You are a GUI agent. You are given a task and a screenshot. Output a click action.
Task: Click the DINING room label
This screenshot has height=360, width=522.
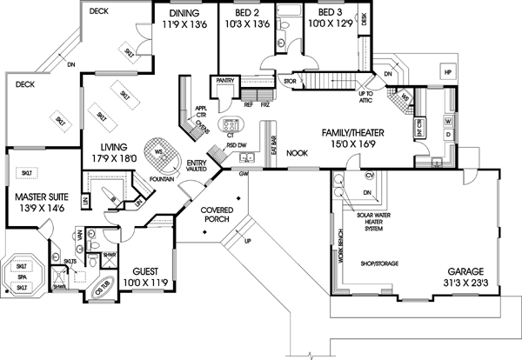(183, 15)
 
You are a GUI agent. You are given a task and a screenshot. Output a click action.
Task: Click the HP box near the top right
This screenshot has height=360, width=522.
(446, 71)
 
